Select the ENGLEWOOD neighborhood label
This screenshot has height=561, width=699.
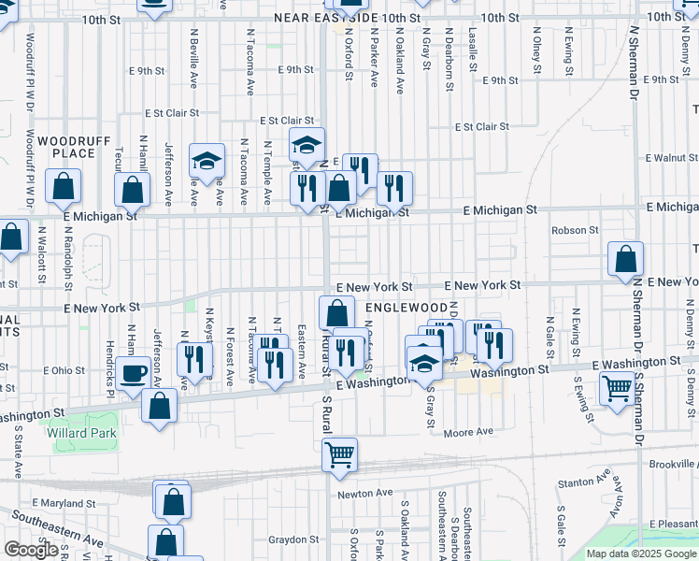pos(407,307)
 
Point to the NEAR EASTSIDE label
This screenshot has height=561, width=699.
pos(326,18)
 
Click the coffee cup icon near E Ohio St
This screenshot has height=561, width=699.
pos(134,374)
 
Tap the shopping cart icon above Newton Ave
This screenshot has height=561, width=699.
pos(339,454)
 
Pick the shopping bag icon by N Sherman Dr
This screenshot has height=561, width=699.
pos(625,260)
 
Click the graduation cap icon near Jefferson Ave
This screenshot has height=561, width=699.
pos(207,162)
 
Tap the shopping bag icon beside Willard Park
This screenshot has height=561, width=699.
pos(160,407)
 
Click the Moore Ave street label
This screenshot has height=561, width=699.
pos(468,432)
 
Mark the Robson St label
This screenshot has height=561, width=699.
pos(575,230)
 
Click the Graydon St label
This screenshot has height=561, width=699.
pos(294,539)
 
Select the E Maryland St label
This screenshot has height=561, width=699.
pos(64,503)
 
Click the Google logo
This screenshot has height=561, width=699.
pos(31,550)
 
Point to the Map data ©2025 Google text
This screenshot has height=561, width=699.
pos(641,554)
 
